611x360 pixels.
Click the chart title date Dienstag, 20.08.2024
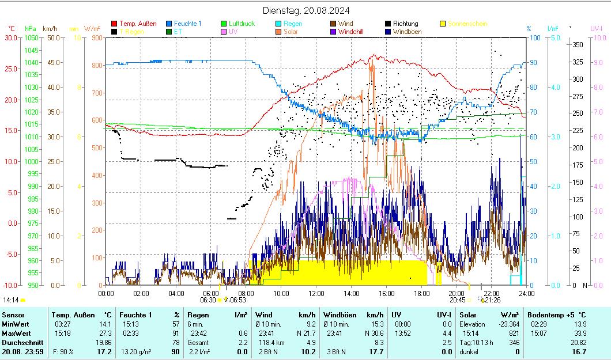tap(305, 10)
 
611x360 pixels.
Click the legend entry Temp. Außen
tap(137, 24)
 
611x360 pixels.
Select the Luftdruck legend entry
tap(241, 24)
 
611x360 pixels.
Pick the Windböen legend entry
tap(407, 32)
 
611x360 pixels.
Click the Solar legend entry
tap(292, 32)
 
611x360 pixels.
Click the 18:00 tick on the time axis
tap(421, 293)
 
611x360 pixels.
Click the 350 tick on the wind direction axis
tap(578, 45)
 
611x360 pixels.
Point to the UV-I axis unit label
tap(597, 28)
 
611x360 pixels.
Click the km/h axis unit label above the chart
tap(50, 28)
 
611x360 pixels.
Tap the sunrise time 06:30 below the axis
tap(208, 300)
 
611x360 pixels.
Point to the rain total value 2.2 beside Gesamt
tap(243, 342)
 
